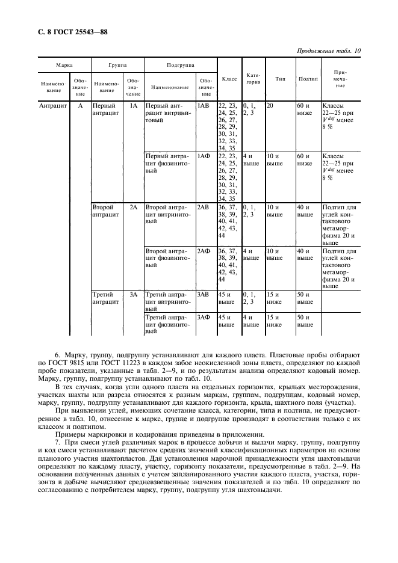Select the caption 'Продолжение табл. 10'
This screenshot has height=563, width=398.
(329, 51)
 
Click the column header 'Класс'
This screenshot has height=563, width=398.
(229, 79)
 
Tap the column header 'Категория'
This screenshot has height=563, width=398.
(253, 79)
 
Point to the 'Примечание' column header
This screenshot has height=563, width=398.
(340, 79)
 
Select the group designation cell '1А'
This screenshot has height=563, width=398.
(134, 105)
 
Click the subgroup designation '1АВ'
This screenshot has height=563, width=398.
(204, 105)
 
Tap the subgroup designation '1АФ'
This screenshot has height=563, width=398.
(204, 156)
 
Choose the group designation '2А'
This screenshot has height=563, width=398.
(134, 207)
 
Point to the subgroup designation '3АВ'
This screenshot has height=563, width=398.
(204, 295)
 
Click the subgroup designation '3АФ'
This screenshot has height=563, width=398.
(204, 317)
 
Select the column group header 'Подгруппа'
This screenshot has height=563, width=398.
(179, 64)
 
